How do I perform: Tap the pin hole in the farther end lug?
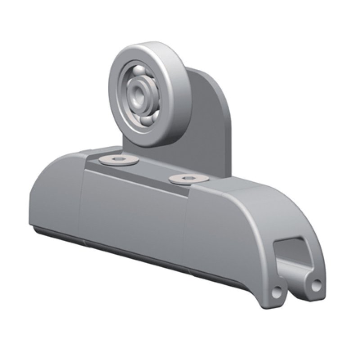(x=317, y=283)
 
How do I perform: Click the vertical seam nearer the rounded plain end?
(x=81, y=202)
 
